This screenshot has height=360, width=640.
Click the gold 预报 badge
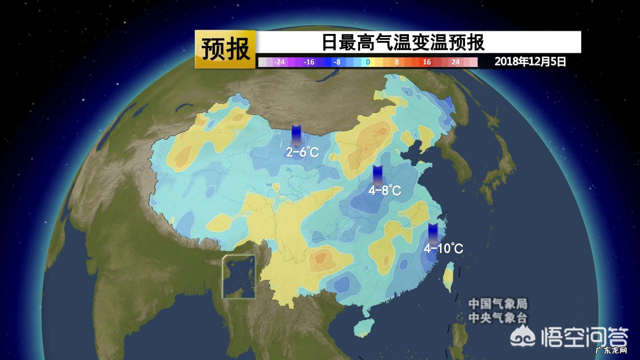click(225, 49)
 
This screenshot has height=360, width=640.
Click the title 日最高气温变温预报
click(403, 42)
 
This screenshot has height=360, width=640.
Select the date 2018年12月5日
click(530, 62)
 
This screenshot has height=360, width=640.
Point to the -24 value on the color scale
click(279, 62)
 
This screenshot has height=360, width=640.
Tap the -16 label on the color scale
click(309, 62)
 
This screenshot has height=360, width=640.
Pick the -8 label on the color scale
click(337, 62)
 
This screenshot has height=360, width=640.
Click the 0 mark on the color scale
click(368, 62)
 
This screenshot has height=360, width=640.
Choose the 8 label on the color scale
click(397, 62)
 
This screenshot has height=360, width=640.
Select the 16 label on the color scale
click(427, 62)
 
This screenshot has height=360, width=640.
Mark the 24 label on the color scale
click(455, 62)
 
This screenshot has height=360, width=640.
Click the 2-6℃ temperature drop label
click(303, 152)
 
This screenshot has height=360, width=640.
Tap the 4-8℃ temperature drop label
click(385, 191)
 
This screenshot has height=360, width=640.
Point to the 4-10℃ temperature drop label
click(443, 248)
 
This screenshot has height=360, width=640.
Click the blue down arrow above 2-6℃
click(296, 135)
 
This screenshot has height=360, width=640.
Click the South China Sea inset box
click(239, 277)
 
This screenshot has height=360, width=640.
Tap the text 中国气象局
click(498, 304)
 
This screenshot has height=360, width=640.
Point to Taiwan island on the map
click(450, 277)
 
